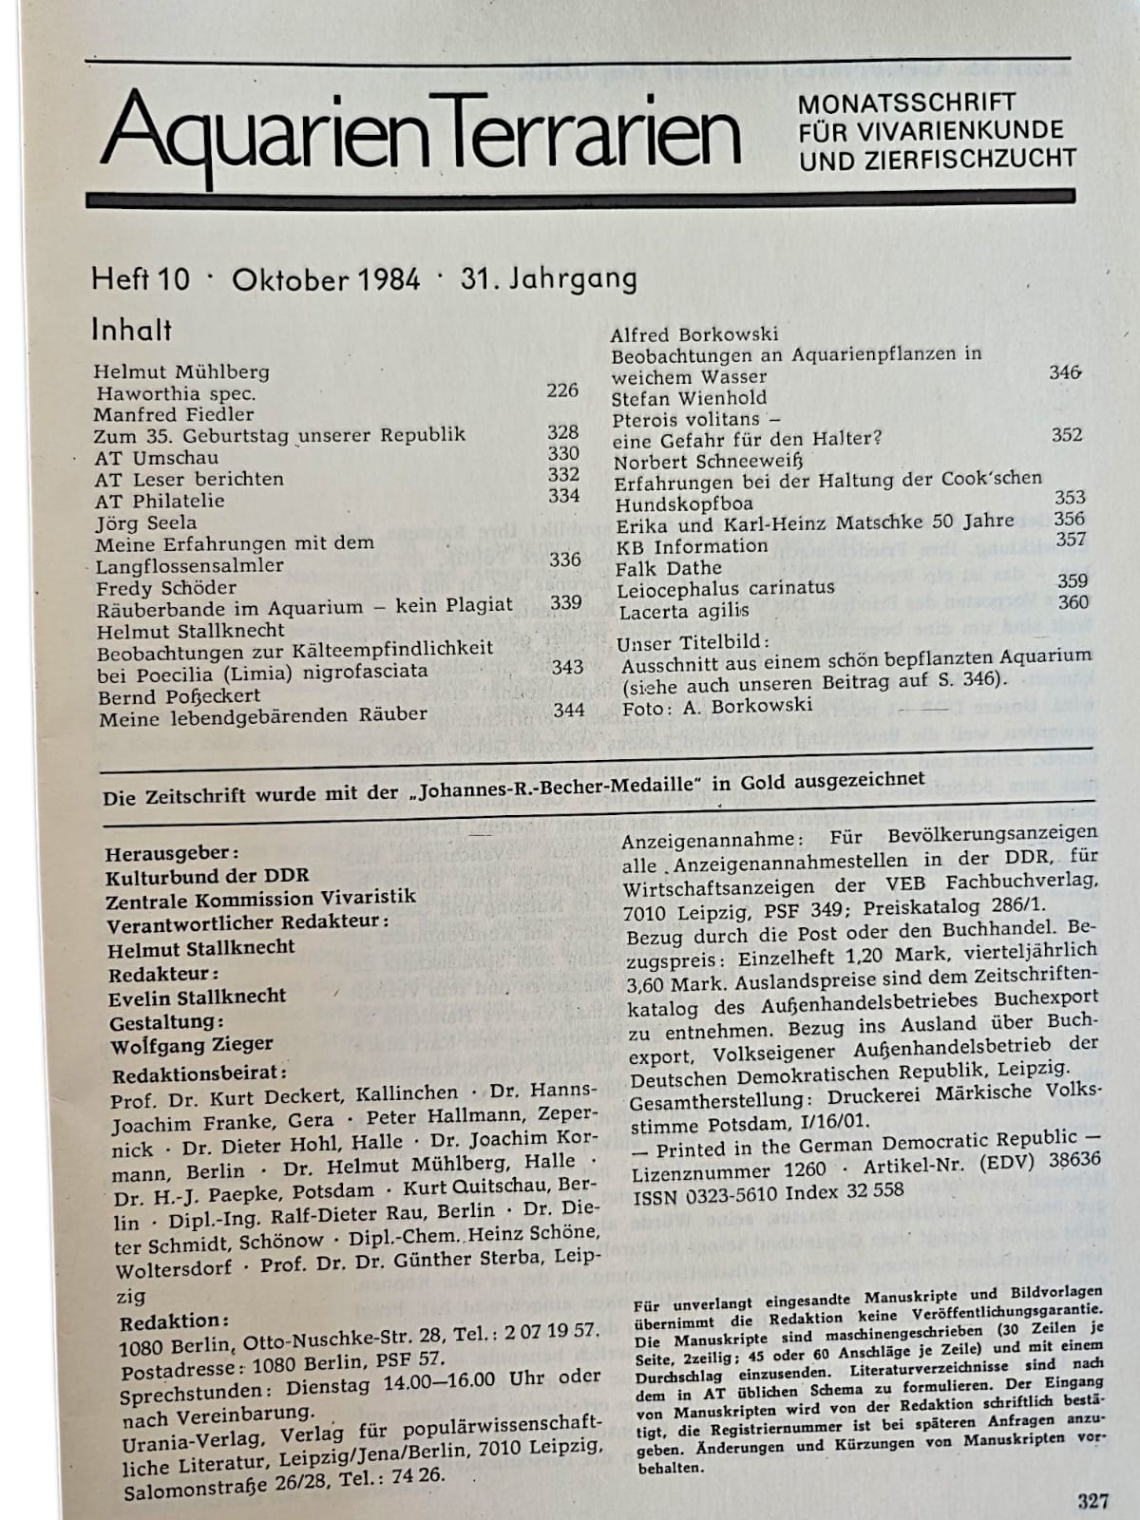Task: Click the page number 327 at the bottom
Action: pos(1093,1501)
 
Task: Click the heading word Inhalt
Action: pos(131,330)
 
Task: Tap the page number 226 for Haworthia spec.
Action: pos(562,389)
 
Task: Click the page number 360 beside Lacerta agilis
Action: pos(1073,602)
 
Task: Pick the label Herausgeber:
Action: pos(172,853)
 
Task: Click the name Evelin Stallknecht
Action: pos(197,997)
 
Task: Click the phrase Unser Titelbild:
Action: pos(675,643)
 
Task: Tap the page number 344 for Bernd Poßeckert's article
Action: pos(568,710)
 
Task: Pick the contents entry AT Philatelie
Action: pos(160,501)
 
